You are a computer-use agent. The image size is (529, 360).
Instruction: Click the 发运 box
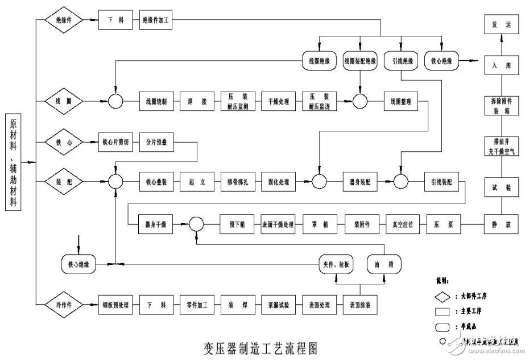[x=501, y=24]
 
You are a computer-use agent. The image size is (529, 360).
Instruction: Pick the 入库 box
[x=501, y=66]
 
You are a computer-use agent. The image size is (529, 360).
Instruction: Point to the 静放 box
[x=501, y=225]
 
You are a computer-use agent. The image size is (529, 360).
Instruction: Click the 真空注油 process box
[x=402, y=225]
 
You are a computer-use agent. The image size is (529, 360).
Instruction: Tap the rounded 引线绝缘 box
[x=402, y=61]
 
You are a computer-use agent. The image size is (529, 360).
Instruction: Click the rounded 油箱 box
[x=384, y=264]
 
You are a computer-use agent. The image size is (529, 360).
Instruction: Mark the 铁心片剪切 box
[x=115, y=142]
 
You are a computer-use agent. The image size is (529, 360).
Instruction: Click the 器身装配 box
[x=359, y=183]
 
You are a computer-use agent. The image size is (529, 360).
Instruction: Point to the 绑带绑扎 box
[x=237, y=183]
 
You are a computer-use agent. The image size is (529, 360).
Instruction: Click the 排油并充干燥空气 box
[x=501, y=146]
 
